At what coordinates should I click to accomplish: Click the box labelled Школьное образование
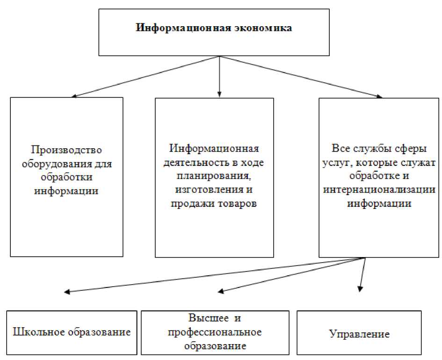coord(72,333)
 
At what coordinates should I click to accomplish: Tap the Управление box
coord(359,334)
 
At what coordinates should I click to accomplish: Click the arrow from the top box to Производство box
coord(145,77)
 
